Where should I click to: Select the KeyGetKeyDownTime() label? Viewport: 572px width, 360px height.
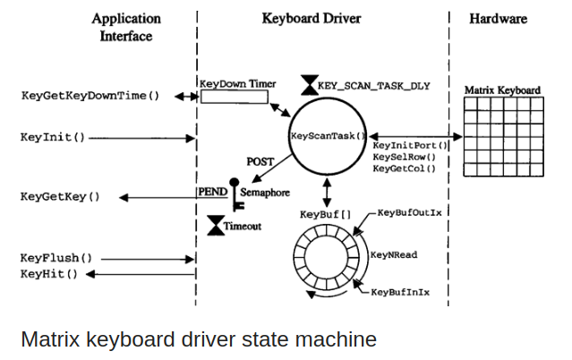point(89,94)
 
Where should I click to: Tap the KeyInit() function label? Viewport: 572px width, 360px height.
point(53,138)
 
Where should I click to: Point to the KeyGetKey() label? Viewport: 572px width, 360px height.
point(60,196)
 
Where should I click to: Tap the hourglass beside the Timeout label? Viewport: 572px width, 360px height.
point(215,226)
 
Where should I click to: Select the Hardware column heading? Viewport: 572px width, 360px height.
point(498,19)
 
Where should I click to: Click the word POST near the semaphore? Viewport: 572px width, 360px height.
point(260,162)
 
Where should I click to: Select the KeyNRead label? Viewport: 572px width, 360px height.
point(394,254)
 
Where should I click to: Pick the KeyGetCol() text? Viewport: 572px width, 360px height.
point(404,167)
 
